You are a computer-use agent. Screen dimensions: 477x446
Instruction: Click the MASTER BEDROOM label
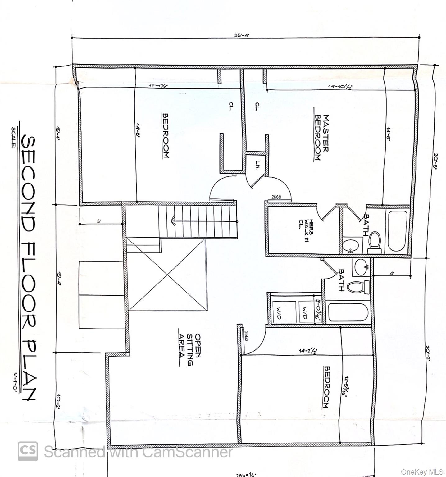click(322, 138)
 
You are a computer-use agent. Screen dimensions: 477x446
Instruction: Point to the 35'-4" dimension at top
click(242, 35)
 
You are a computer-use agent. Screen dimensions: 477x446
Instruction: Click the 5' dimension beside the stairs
click(99, 221)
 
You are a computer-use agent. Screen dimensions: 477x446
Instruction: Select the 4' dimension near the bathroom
click(392, 274)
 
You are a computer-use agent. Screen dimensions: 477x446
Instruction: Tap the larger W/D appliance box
click(284, 312)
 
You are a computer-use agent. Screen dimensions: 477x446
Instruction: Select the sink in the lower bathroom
click(361, 267)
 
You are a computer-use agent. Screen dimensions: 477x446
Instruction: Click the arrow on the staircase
click(173, 222)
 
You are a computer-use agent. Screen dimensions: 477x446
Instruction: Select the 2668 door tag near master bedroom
click(276, 197)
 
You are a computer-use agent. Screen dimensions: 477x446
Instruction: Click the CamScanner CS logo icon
click(28, 451)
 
